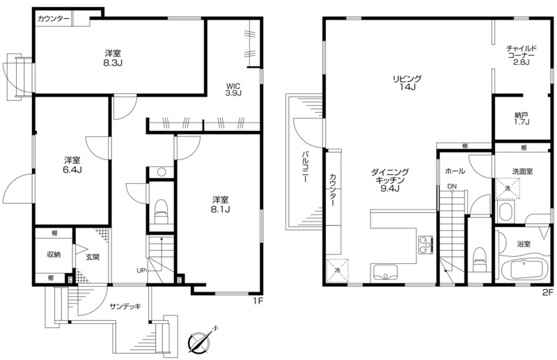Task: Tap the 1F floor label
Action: (x=258, y=302)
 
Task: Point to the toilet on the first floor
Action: (x=161, y=212)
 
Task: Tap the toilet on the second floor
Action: (x=480, y=261)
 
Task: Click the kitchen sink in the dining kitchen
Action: (x=385, y=273)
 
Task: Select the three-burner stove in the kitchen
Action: (x=425, y=245)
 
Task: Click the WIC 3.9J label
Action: (x=233, y=90)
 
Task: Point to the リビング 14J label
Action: (x=407, y=82)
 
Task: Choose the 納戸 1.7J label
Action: (x=521, y=118)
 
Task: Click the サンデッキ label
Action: (x=125, y=306)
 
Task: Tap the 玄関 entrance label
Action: (x=93, y=257)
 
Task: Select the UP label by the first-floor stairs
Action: (x=141, y=270)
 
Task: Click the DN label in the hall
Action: (x=452, y=186)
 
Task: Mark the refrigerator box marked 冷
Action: (x=338, y=270)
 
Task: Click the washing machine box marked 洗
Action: (x=508, y=188)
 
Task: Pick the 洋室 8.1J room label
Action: (x=220, y=204)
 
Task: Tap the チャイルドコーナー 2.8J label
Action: (x=521, y=55)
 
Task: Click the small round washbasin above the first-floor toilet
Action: (x=162, y=173)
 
